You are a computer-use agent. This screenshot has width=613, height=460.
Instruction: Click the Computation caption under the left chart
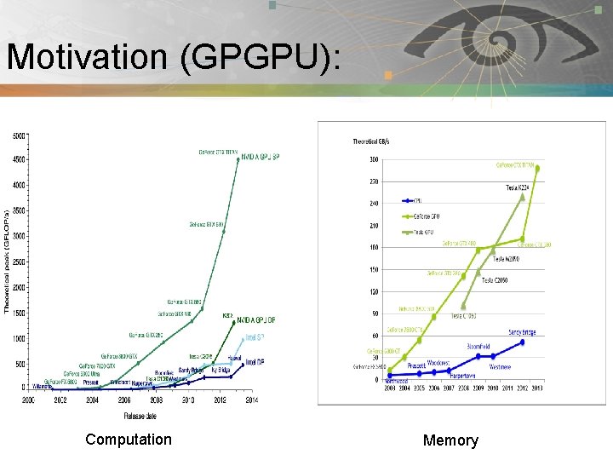click(x=129, y=440)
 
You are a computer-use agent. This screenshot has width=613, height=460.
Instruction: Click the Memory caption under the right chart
click(x=450, y=440)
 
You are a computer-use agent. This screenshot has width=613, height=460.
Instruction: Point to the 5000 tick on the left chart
click(x=19, y=135)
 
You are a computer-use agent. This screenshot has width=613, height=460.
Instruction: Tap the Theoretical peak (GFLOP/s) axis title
click(x=8, y=260)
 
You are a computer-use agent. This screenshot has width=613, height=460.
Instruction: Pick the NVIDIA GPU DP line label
click(x=256, y=319)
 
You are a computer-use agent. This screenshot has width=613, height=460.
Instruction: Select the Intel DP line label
click(x=255, y=362)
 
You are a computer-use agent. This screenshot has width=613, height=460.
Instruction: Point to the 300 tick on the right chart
click(x=373, y=159)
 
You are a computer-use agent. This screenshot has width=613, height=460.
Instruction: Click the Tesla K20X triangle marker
click(x=523, y=196)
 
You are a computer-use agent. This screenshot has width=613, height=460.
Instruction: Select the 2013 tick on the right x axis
click(x=538, y=388)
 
